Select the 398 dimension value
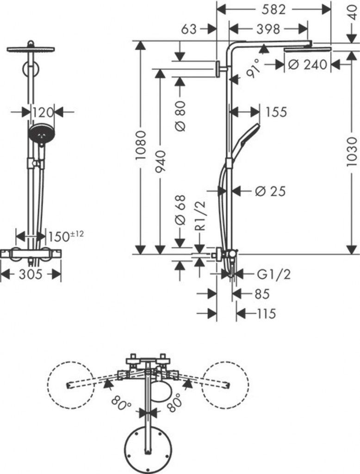coord(268,29)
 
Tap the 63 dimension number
coord(189,29)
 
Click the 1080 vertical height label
coord(141,145)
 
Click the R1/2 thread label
coord(200,214)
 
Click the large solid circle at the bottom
coord(148,449)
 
